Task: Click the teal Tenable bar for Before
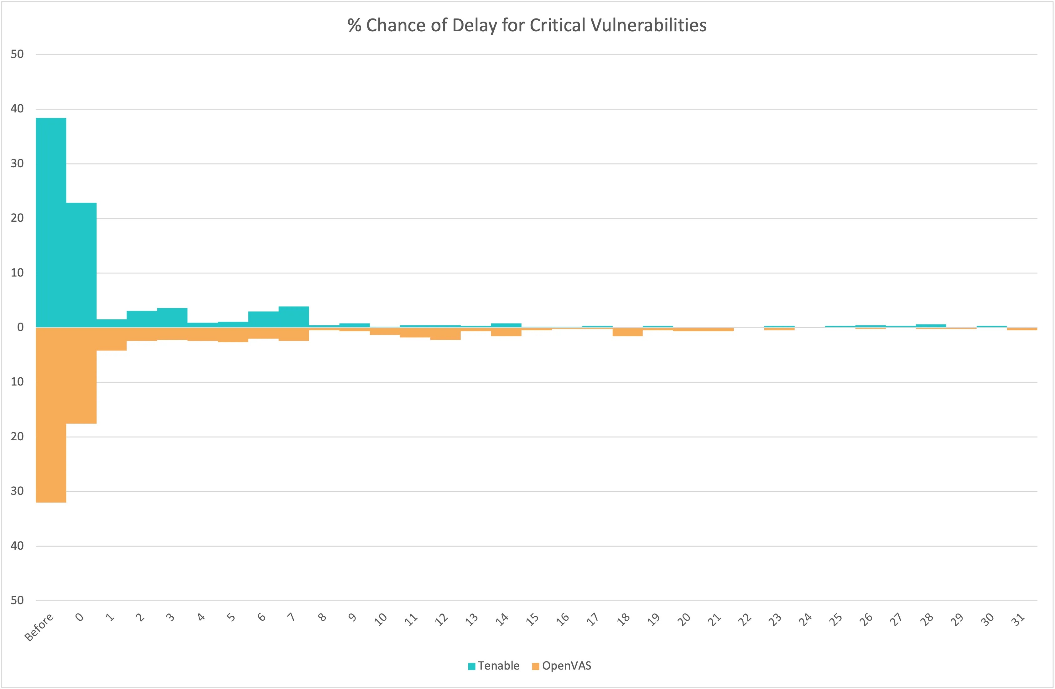(x=51, y=221)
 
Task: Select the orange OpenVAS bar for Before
(x=51, y=414)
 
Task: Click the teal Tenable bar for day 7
(x=294, y=317)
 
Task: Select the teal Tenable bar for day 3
(x=172, y=318)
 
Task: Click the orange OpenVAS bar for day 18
(x=627, y=332)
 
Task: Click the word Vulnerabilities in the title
(x=648, y=25)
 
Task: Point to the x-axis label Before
(x=39, y=627)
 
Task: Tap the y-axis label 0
(x=20, y=328)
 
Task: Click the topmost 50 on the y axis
(x=17, y=54)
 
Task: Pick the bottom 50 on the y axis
(x=17, y=600)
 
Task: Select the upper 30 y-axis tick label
(x=17, y=163)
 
